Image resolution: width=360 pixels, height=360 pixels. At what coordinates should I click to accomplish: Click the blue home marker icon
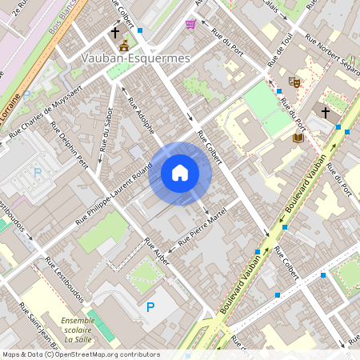click(x=180, y=173)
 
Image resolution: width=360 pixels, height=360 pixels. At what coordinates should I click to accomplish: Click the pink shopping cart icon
click(x=190, y=24)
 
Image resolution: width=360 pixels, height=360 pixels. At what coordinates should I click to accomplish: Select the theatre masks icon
click(x=294, y=82)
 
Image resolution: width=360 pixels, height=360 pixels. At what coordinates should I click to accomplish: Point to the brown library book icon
click(x=298, y=138)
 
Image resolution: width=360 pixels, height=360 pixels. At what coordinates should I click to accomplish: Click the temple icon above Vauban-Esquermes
click(x=123, y=46)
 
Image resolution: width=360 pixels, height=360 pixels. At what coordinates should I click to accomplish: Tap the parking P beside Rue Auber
click(x=150, y=306)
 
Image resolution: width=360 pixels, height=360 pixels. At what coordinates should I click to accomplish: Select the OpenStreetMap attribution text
click(x=80, y=354)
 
